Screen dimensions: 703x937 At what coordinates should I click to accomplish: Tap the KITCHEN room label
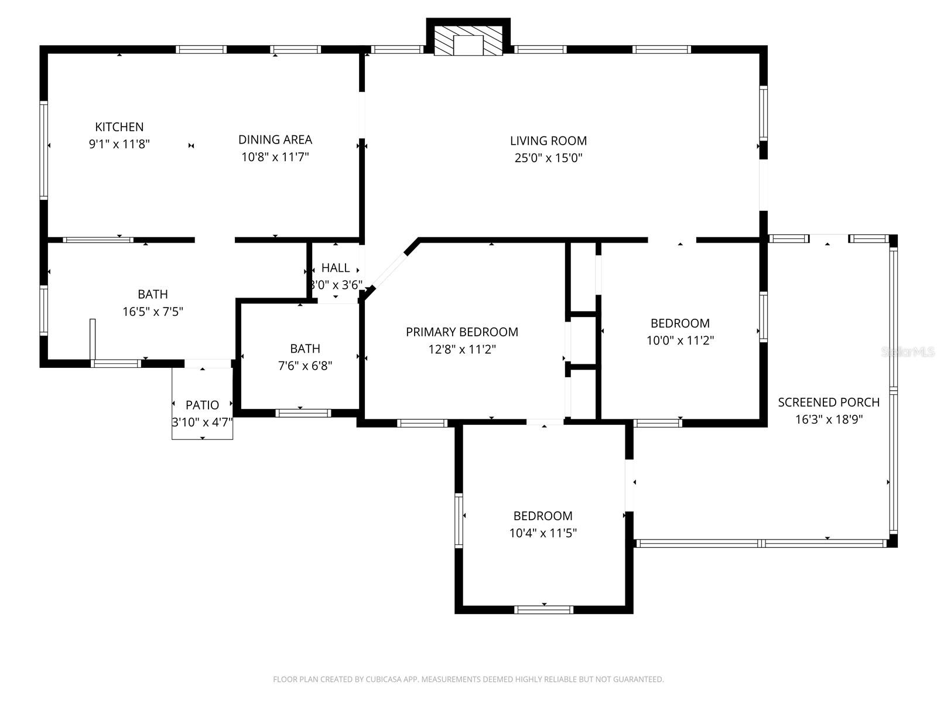point(119,127)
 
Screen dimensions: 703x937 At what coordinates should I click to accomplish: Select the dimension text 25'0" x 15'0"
point(548,158)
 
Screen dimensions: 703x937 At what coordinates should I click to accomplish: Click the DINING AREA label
point(275,139)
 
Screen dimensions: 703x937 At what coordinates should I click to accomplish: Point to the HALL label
point(336,268)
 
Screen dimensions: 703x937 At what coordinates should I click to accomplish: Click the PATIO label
point(202,405)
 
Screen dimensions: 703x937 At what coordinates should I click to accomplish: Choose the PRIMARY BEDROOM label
point(461,332)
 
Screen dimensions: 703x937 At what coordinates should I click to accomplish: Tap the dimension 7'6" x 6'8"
point(305,366)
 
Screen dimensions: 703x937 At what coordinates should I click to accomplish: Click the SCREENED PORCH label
point(829,402)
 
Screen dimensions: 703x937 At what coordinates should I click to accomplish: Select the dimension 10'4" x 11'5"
point(543,533)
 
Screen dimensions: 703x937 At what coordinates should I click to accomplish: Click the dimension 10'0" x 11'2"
point(680,340)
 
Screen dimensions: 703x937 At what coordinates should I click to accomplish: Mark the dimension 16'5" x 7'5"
point(153,311)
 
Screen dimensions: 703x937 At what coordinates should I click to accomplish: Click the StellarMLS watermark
point(907,352)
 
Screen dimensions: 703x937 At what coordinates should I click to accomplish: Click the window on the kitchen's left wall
point(43,150)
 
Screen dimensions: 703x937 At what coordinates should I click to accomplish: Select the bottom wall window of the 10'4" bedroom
point(543,609)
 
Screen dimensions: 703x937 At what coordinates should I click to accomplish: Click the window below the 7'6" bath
point(303,413)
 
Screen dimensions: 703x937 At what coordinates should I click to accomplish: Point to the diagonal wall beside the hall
point(390,269)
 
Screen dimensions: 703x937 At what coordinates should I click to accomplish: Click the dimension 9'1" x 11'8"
point(119,144)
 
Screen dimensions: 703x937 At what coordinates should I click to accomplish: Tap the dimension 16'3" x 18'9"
point(829,419)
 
